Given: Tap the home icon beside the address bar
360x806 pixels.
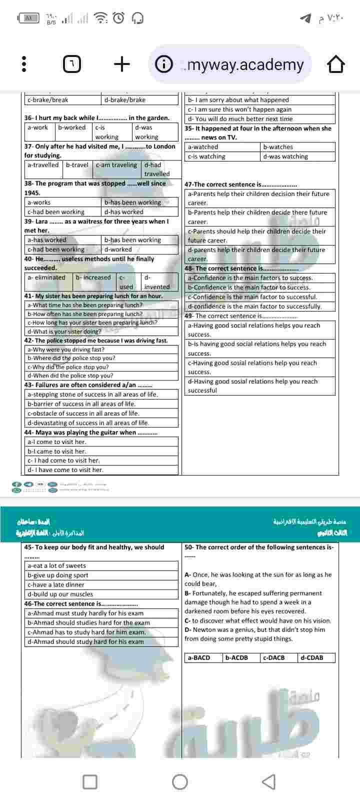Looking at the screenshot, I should click(x=336, y=64).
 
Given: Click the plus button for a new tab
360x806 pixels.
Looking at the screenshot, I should click(x=122, y=64).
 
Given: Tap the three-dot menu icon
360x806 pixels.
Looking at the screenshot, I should click(x=23, y=64).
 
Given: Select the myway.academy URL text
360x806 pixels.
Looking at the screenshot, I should click(x=245, y=64).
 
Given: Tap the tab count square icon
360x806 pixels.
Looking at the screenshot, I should click(x=72, y=64).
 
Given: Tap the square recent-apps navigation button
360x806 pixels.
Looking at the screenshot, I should click(x=90, y=781).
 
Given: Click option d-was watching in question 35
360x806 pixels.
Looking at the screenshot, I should click(x=285, y=156).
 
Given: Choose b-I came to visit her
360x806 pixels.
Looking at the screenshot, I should click(x=57, y=451).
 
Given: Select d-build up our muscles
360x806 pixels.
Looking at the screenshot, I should click(x=60, y=594).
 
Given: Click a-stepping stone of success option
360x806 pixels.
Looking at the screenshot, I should click(x=92, y=394).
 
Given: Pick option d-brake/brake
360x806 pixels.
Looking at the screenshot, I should click(x=125, y=99).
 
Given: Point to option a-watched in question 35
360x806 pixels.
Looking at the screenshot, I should click(x=203, y=147).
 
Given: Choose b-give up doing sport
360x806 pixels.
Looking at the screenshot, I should click(x=58, y=575).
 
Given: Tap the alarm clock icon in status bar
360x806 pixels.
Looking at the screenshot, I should click(x=118, y=18).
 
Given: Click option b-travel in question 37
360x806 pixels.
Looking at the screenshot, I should click(x=77, y=165).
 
